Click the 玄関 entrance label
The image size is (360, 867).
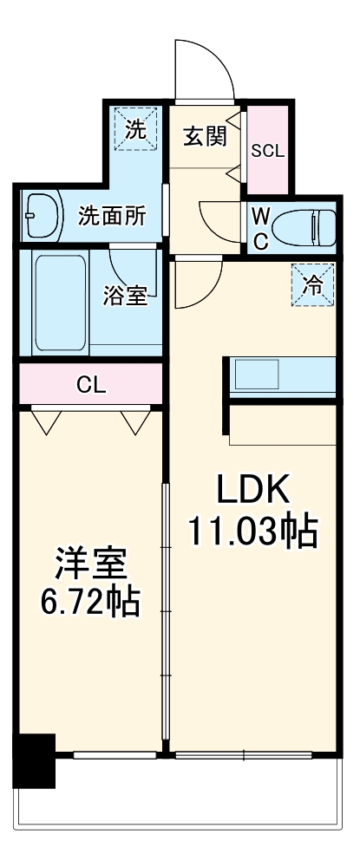(x=206, y=137)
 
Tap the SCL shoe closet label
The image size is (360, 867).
(x=267, y=149)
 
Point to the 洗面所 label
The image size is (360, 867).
(x=112, y=215)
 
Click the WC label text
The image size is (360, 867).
(x=259, y=229)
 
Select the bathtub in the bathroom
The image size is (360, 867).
(x=59, y=301)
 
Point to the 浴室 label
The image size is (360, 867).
(x=126, y=295)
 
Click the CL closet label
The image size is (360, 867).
(x=91, y=385)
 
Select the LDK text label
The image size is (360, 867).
(x=251, y=491)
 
